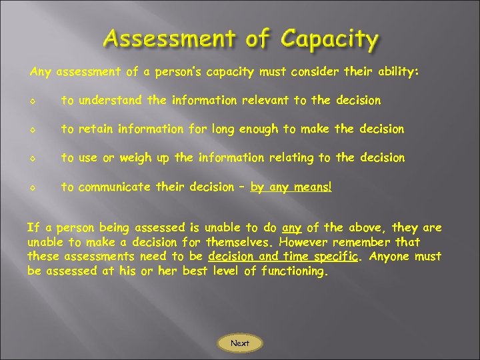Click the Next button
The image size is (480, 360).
click(240, 343)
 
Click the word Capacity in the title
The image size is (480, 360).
click(329, 39)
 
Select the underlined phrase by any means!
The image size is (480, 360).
click(291, 187)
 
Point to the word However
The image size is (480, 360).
click(310, 241)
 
